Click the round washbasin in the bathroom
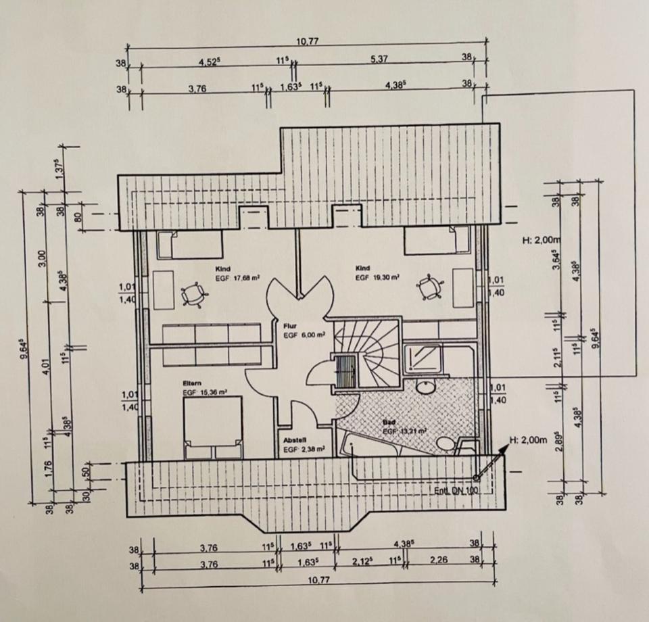pyautogui.click(x=425, y=387)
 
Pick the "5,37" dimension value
pyautogui.click(x=379, y=59)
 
